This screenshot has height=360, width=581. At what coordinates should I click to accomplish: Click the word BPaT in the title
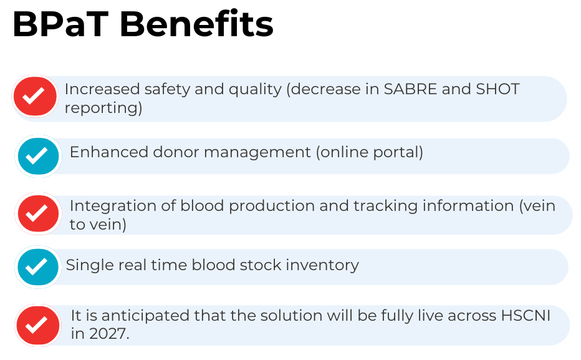click(x=60, y=25)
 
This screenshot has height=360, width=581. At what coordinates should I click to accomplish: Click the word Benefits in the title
click(x=196, y=25)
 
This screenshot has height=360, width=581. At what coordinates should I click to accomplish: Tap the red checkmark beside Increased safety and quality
click(x=36, y=97)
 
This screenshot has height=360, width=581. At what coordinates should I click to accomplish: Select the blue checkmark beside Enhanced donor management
click(x=38, y=155)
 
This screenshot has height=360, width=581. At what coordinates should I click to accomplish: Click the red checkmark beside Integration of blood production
click(x=38, y=214)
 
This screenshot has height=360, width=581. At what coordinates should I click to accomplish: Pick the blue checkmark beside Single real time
click(x=38, y=267)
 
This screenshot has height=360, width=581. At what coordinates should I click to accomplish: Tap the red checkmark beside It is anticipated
click(x=38, y=325)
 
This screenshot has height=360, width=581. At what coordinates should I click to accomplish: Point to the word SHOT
click(x=497, y=89)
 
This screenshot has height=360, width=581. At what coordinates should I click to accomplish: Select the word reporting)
click(x=103, y=108)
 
